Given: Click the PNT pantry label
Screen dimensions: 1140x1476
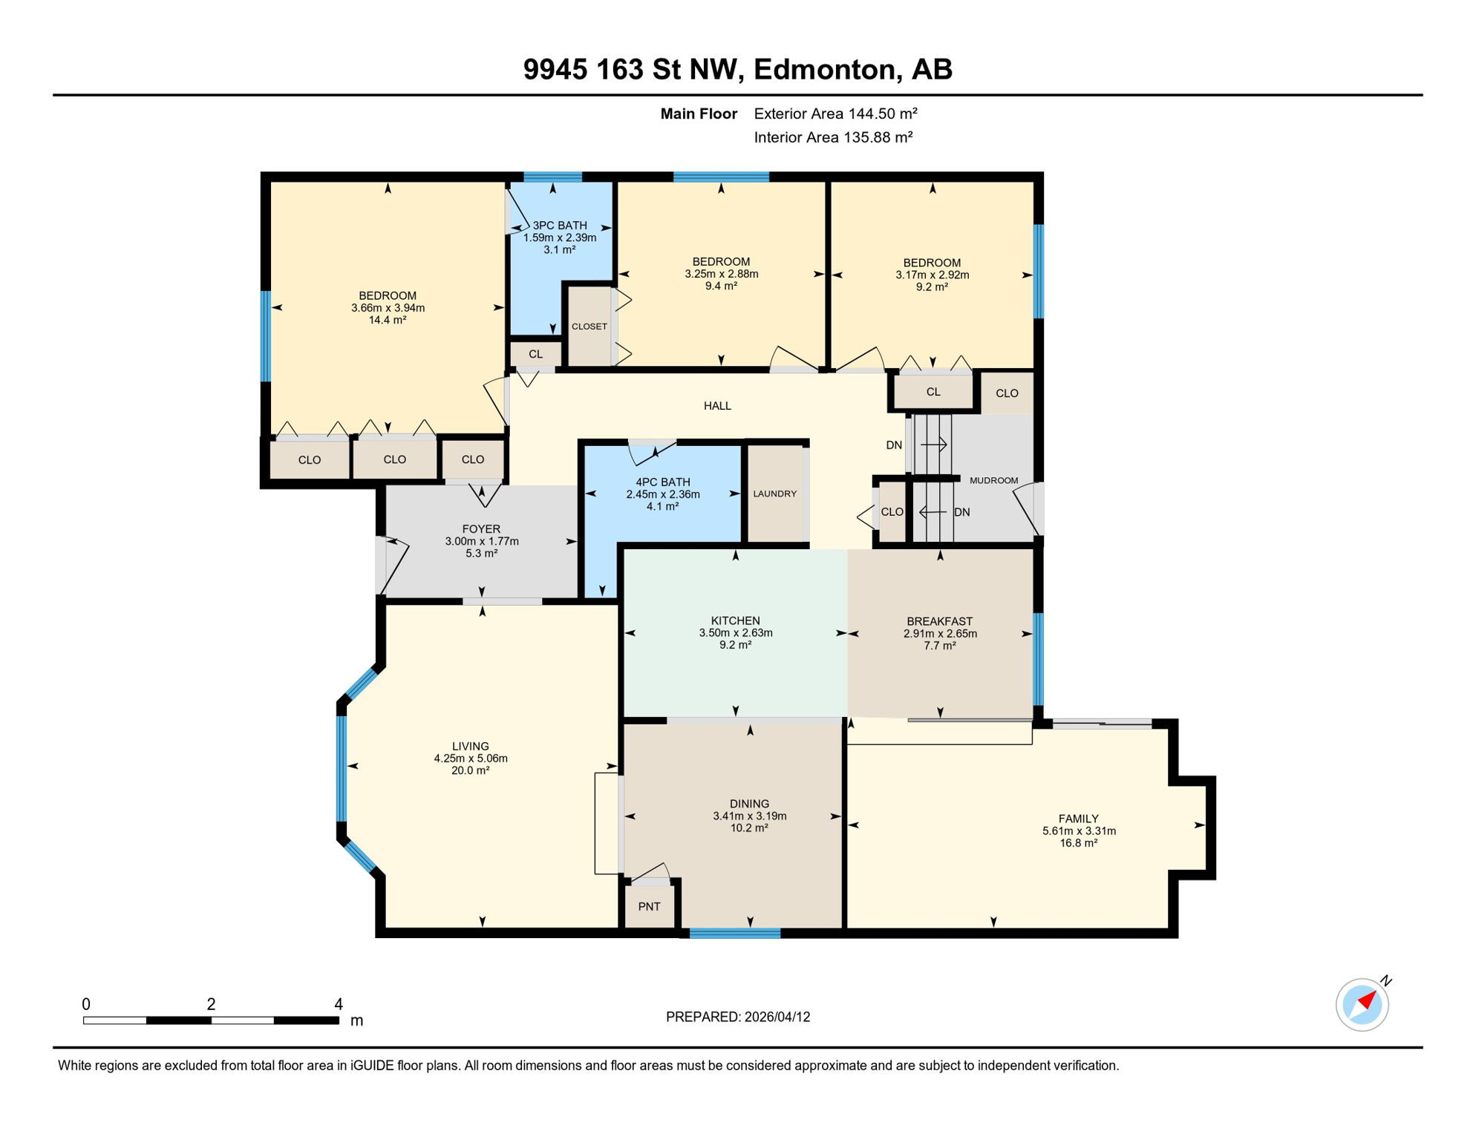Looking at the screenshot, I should [649, 906].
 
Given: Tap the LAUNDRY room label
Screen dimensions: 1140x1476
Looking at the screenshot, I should [774, 494].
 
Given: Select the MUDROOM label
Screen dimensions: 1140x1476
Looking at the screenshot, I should [993, 480].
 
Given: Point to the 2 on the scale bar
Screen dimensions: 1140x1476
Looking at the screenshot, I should [211, 1004].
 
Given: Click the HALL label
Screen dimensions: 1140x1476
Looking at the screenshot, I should [717, 406].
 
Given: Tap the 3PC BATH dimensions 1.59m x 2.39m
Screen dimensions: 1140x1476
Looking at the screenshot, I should [560, 237].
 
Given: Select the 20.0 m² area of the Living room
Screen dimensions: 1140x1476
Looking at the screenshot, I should [471, 770].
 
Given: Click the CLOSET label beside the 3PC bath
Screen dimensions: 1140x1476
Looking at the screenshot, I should [590, 327].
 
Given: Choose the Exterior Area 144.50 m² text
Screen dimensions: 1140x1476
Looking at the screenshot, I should [835, 114].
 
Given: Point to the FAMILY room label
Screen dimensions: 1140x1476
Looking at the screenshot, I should [1078, 819].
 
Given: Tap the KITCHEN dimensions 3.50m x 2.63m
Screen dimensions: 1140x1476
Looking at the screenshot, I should [735, 633].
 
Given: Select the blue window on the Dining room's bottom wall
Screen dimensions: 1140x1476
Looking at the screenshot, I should [735, 934].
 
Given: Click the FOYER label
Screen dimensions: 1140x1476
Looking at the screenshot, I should [481, 529].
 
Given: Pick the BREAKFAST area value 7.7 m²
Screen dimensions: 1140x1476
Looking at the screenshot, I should [939, 646].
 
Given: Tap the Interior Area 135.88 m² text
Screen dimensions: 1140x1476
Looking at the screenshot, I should [833, 137].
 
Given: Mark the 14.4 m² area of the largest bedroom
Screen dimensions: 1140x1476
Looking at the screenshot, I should [388, 320].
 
